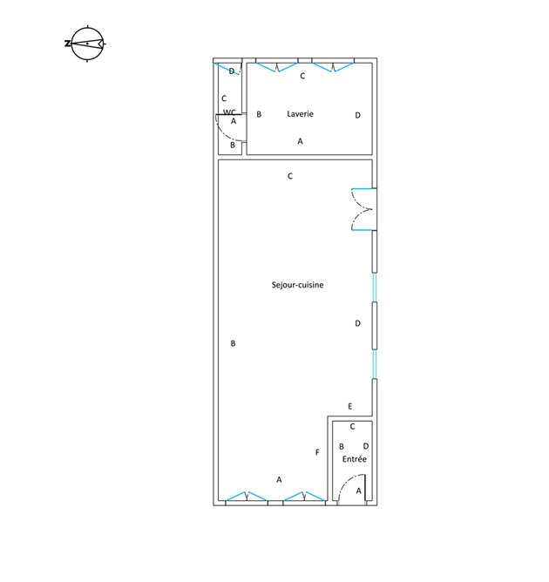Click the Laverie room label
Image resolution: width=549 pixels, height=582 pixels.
click(x=300, y=114)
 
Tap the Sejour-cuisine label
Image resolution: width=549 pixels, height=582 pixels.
click(x=297, y=285)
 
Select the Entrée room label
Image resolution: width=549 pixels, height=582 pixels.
click(x=354, y=459)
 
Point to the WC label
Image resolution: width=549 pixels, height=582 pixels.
click(x=229, y=112)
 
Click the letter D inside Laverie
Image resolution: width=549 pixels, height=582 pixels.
click(x=357, y=115)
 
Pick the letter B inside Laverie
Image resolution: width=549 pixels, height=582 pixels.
click(x=259, y=114)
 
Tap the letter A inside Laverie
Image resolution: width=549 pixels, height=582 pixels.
click(x=300, y=141)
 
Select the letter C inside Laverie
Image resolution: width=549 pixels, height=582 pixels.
click(x=302, y=76)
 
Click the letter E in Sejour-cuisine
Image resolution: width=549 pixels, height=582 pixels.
click(x=349, y=406)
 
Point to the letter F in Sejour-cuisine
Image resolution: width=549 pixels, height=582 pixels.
click(x=317, y=452)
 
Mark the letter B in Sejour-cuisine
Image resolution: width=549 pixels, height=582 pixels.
click(x=233, y=343)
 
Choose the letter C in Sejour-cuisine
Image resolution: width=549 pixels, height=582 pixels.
click(x=290, y=176)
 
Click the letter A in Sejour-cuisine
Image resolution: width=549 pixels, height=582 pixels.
click(x=279, y=480)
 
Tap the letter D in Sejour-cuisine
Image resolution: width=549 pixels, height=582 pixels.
click(x=357, y=323)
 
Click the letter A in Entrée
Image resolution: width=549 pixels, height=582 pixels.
click(x=358, y=491)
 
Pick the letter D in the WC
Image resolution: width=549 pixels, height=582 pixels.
click(x=231, y=71)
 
